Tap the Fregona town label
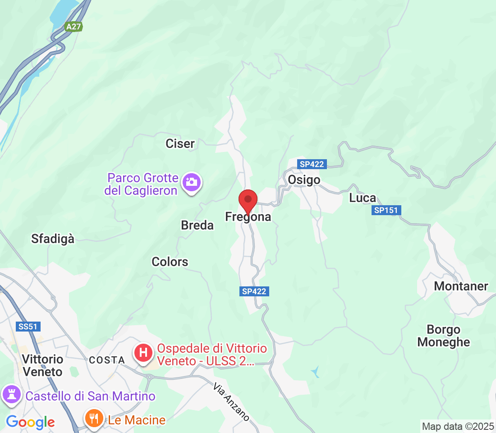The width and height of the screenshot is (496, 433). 248,217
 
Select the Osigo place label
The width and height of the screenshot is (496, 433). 304,180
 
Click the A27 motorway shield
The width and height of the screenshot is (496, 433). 73,27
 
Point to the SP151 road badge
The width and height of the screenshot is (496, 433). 387,210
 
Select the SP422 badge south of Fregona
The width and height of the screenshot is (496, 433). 254,291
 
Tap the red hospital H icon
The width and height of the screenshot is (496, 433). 143,352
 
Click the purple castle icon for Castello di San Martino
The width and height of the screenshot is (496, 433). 12,395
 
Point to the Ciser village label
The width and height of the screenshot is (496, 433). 180,144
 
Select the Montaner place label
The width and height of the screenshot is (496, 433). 461,286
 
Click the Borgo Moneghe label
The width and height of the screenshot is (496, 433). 444,336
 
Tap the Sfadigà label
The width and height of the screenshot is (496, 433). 53,239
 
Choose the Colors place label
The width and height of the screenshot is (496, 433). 170,262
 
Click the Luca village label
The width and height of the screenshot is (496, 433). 363,198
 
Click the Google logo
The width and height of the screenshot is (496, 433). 31,422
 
